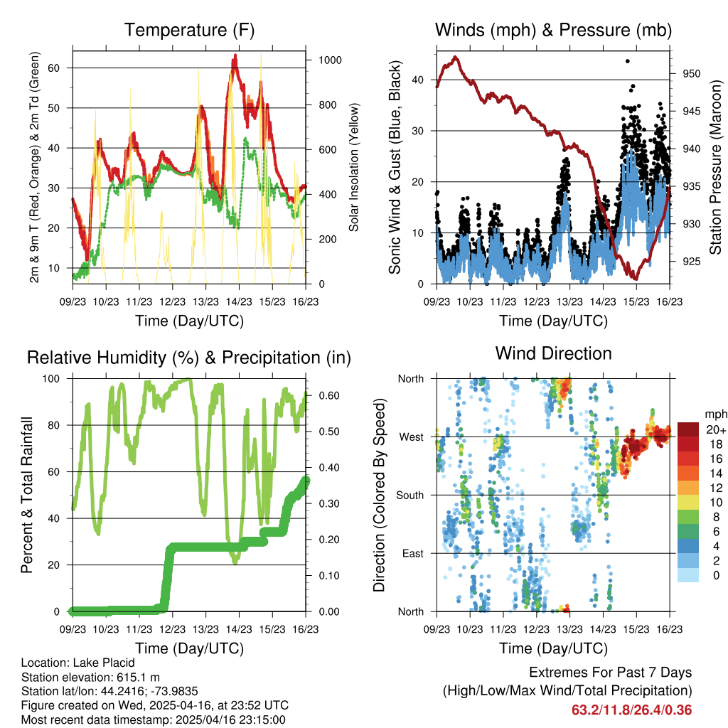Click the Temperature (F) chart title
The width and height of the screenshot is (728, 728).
(189, 31)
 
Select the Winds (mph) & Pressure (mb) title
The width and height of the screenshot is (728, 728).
(553, 31)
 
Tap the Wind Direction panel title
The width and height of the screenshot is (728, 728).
(553, 353)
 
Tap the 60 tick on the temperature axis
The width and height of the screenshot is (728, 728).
(60, 68)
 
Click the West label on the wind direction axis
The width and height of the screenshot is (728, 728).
(411, 437)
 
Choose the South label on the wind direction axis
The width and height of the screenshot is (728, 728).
(410, 495)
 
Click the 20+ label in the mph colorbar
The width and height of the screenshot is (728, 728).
(715, 429)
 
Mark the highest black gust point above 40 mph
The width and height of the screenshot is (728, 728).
(627, 61)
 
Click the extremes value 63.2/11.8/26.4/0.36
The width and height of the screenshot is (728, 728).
(631, 710)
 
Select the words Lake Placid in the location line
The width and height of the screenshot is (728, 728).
(104, 663)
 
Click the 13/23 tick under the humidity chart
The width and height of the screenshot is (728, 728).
(206, 629)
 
